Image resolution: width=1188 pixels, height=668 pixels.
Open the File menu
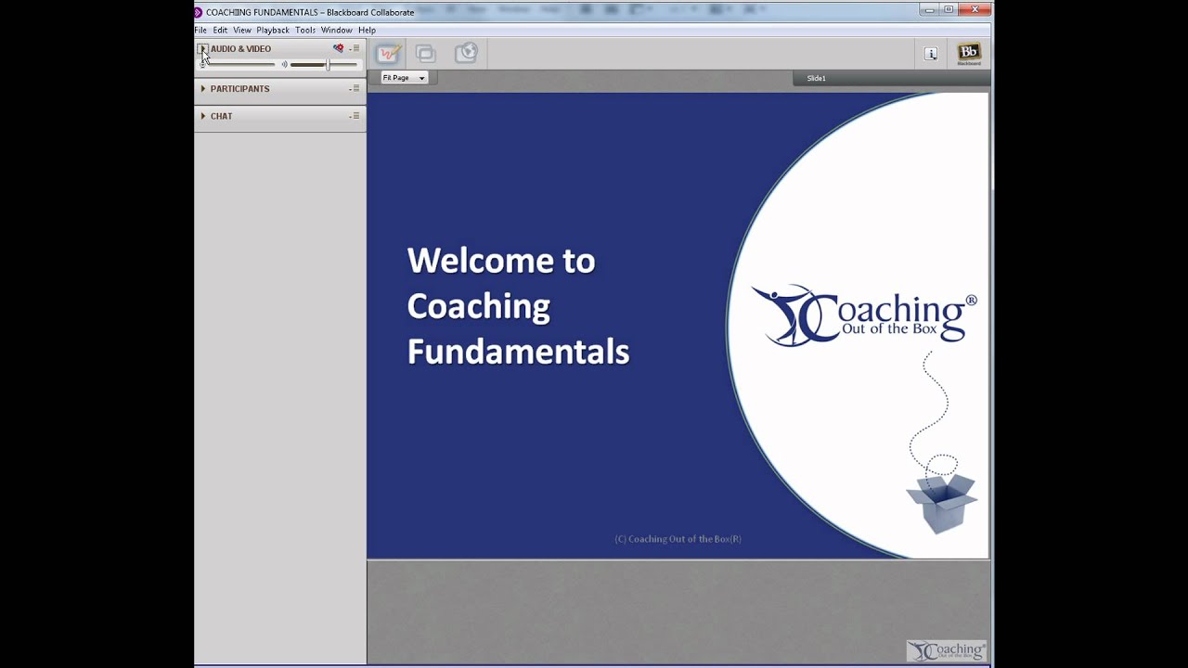coord(200,30)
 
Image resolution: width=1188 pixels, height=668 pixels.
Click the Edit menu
coord(220,30)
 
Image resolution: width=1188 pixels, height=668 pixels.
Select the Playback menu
coord(273,30)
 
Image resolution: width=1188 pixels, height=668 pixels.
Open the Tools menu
coord(305,30)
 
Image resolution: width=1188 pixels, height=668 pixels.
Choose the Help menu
coord(367,30)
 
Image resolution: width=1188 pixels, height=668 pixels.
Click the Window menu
coord(336,30)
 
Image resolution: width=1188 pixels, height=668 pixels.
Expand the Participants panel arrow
coord(203,89)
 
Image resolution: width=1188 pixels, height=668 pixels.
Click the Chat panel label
coord(221,116)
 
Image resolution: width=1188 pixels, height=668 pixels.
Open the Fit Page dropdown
coord(404,78)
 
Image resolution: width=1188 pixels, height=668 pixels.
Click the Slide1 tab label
coord(816,78)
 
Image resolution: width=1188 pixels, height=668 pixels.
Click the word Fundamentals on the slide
coord(518,352)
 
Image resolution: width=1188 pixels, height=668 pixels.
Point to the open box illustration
coord(940,501)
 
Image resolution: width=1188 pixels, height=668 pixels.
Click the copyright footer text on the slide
coord(678,539)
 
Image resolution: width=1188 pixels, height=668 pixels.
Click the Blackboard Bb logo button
coord(968,54)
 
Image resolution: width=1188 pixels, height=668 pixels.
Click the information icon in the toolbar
coord(931,54)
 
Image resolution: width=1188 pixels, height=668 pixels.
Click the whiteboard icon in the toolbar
coord(388,54)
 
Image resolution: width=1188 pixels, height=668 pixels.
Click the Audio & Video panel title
coord(240,49)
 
